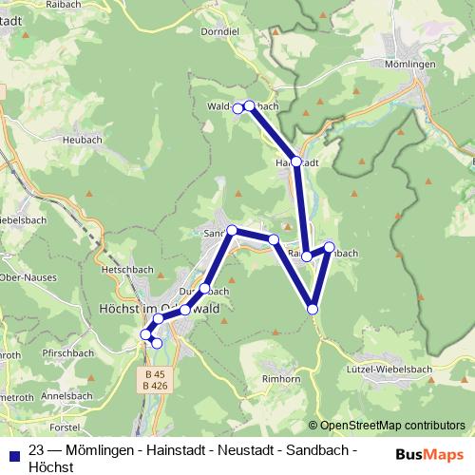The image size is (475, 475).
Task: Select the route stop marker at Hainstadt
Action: point(296,162)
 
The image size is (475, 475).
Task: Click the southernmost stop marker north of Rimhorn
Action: point(313,309)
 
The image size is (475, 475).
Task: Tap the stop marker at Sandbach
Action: point(232,230)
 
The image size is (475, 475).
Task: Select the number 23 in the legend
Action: point(37,448)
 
